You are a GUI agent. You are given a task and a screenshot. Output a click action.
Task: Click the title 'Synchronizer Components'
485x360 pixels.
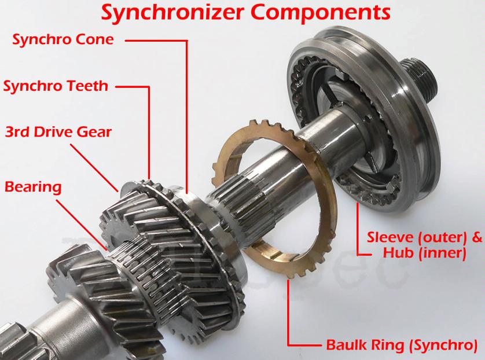pyautogui.click(x=245, y=13)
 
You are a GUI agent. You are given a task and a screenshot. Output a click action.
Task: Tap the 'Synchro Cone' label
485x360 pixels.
pyautogui.click(x=63, y=39)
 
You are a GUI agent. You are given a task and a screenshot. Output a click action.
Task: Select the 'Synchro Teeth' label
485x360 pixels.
pyautogui.click(x=56, y=86)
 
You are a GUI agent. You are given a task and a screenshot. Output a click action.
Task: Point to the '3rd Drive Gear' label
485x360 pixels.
pyautogui.click(x=58, y=132)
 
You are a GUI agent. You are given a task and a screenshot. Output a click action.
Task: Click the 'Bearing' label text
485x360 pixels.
pyautogui.click(x=33, y=187)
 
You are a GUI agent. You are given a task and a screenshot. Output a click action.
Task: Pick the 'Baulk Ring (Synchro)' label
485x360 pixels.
pyautogui.click(x=402, y=344)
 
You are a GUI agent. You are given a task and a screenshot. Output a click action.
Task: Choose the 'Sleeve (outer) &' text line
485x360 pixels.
pyautogui.click(x=424, y=237)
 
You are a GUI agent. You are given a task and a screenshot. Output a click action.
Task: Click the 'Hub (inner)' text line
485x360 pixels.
pyautogui.click(x=424, y=253)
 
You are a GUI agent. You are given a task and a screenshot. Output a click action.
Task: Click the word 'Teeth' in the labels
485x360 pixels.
pyautogui.click(x=88, y=86)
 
